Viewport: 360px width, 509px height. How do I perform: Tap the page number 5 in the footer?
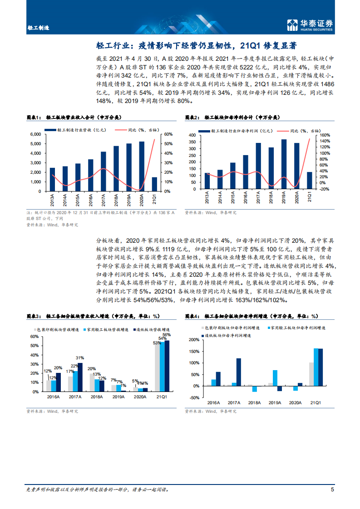pos(332,489)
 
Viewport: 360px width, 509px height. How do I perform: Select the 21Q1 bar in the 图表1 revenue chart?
pos(154,184)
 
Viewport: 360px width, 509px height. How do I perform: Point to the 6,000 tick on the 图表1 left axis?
pos(35,134)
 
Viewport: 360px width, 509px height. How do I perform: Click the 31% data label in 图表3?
pos(80,358)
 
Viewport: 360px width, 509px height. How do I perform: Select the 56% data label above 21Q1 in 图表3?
pos(167,334)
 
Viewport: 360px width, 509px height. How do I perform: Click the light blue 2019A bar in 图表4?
pos(275,378)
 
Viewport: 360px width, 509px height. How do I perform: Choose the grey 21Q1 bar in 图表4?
pos(311,374)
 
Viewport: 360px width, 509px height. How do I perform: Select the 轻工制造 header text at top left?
pos(38,27)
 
